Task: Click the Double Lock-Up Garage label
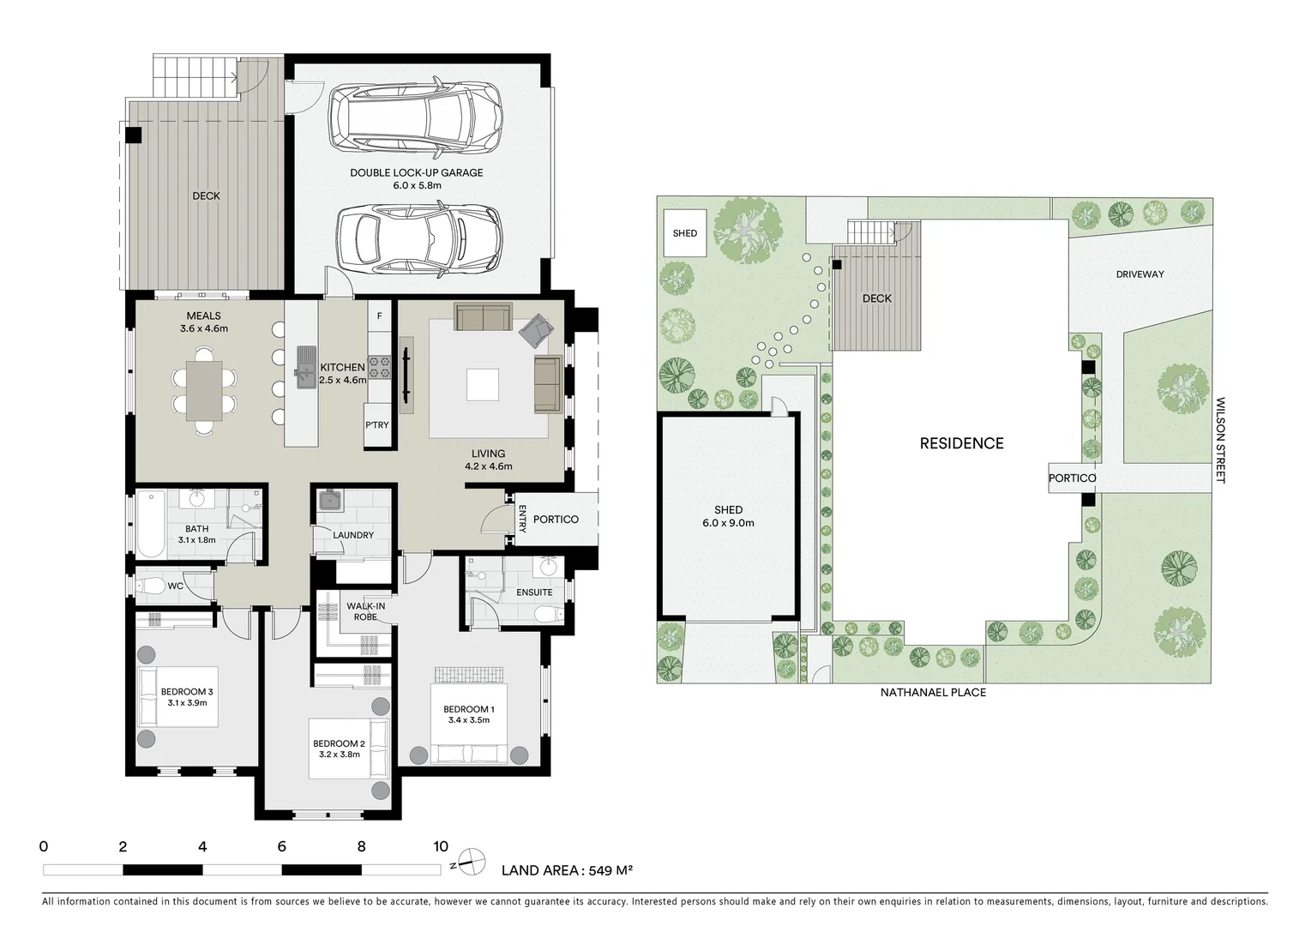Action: pyautogui.click(x=416, y=172)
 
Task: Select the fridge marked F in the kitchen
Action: pyautogui.click(x=379, y=316)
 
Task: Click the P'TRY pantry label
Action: pyautogui.click(x=377, y=425)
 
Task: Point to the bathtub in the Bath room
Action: pyautogui.click(x=152, y=523)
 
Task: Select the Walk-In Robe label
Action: pyautogui.click(x=365, y=611)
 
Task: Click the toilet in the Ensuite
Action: pyautogui.click(x=547, y=614)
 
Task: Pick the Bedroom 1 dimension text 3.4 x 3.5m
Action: pyautogui.click(x=468, y=720)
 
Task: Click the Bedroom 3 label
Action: pyautogui.click(x=187, y=692)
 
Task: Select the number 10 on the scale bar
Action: pyautogui.click(x=440, y=847)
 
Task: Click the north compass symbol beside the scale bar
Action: pyautogui.click(x=468, y=863)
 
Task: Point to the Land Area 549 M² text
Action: pyautogui.click(x=567, y=870)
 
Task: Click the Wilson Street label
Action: pyautogui.click(x=1220, y=440)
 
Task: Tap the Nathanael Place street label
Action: pyautogui.click(x=933, y=692)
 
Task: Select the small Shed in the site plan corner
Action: pyautogui.click(x=685, y=233)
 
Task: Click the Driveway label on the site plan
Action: pyautogui.click(x=1140, y=274)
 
